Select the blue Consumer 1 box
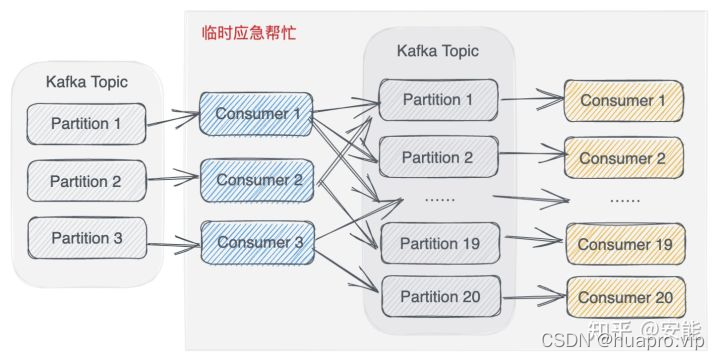click(x=257, y=114)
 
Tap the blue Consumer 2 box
click(x=258, y=181)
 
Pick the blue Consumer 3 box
click(x=258, y=241)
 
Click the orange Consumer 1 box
click(x=622, y=101)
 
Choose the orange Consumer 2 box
click(x=622, y=158)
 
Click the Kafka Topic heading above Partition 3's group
click(x=86, y=80)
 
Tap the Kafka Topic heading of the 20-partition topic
click(x=437, y=50)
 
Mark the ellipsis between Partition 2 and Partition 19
click(x=438, y=199)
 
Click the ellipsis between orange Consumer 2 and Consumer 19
click(x=625, y=199)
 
